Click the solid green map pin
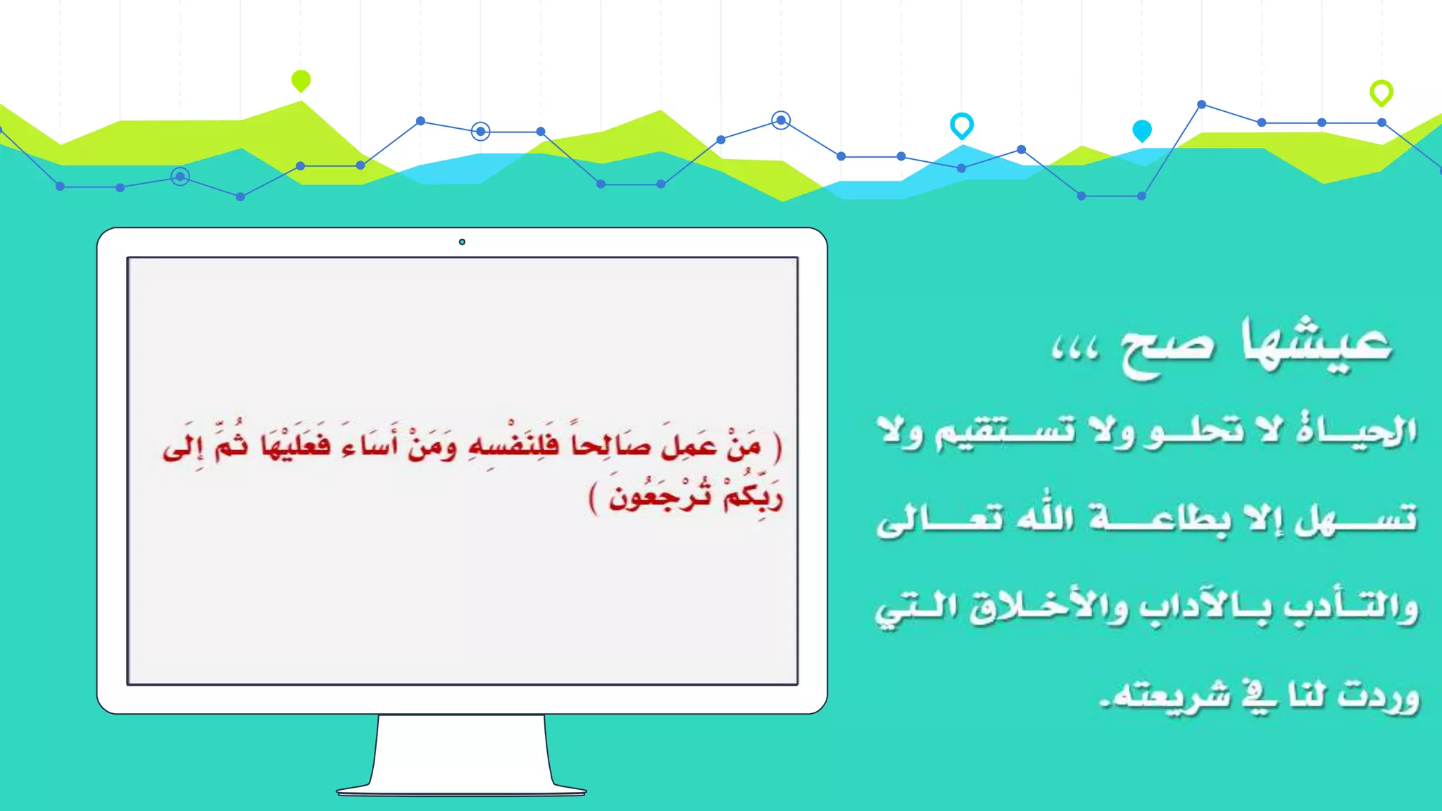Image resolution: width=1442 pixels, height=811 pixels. [301, 80]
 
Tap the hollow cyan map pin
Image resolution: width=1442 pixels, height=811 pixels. [961, 125]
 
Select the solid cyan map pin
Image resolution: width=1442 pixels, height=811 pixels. [1141, 130]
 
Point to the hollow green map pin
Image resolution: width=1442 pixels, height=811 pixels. [1381, 92]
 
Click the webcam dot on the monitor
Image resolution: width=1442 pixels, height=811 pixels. [462, 242]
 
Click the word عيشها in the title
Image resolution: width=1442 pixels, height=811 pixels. [1317, 343]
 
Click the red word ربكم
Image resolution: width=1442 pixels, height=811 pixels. [753, 496]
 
